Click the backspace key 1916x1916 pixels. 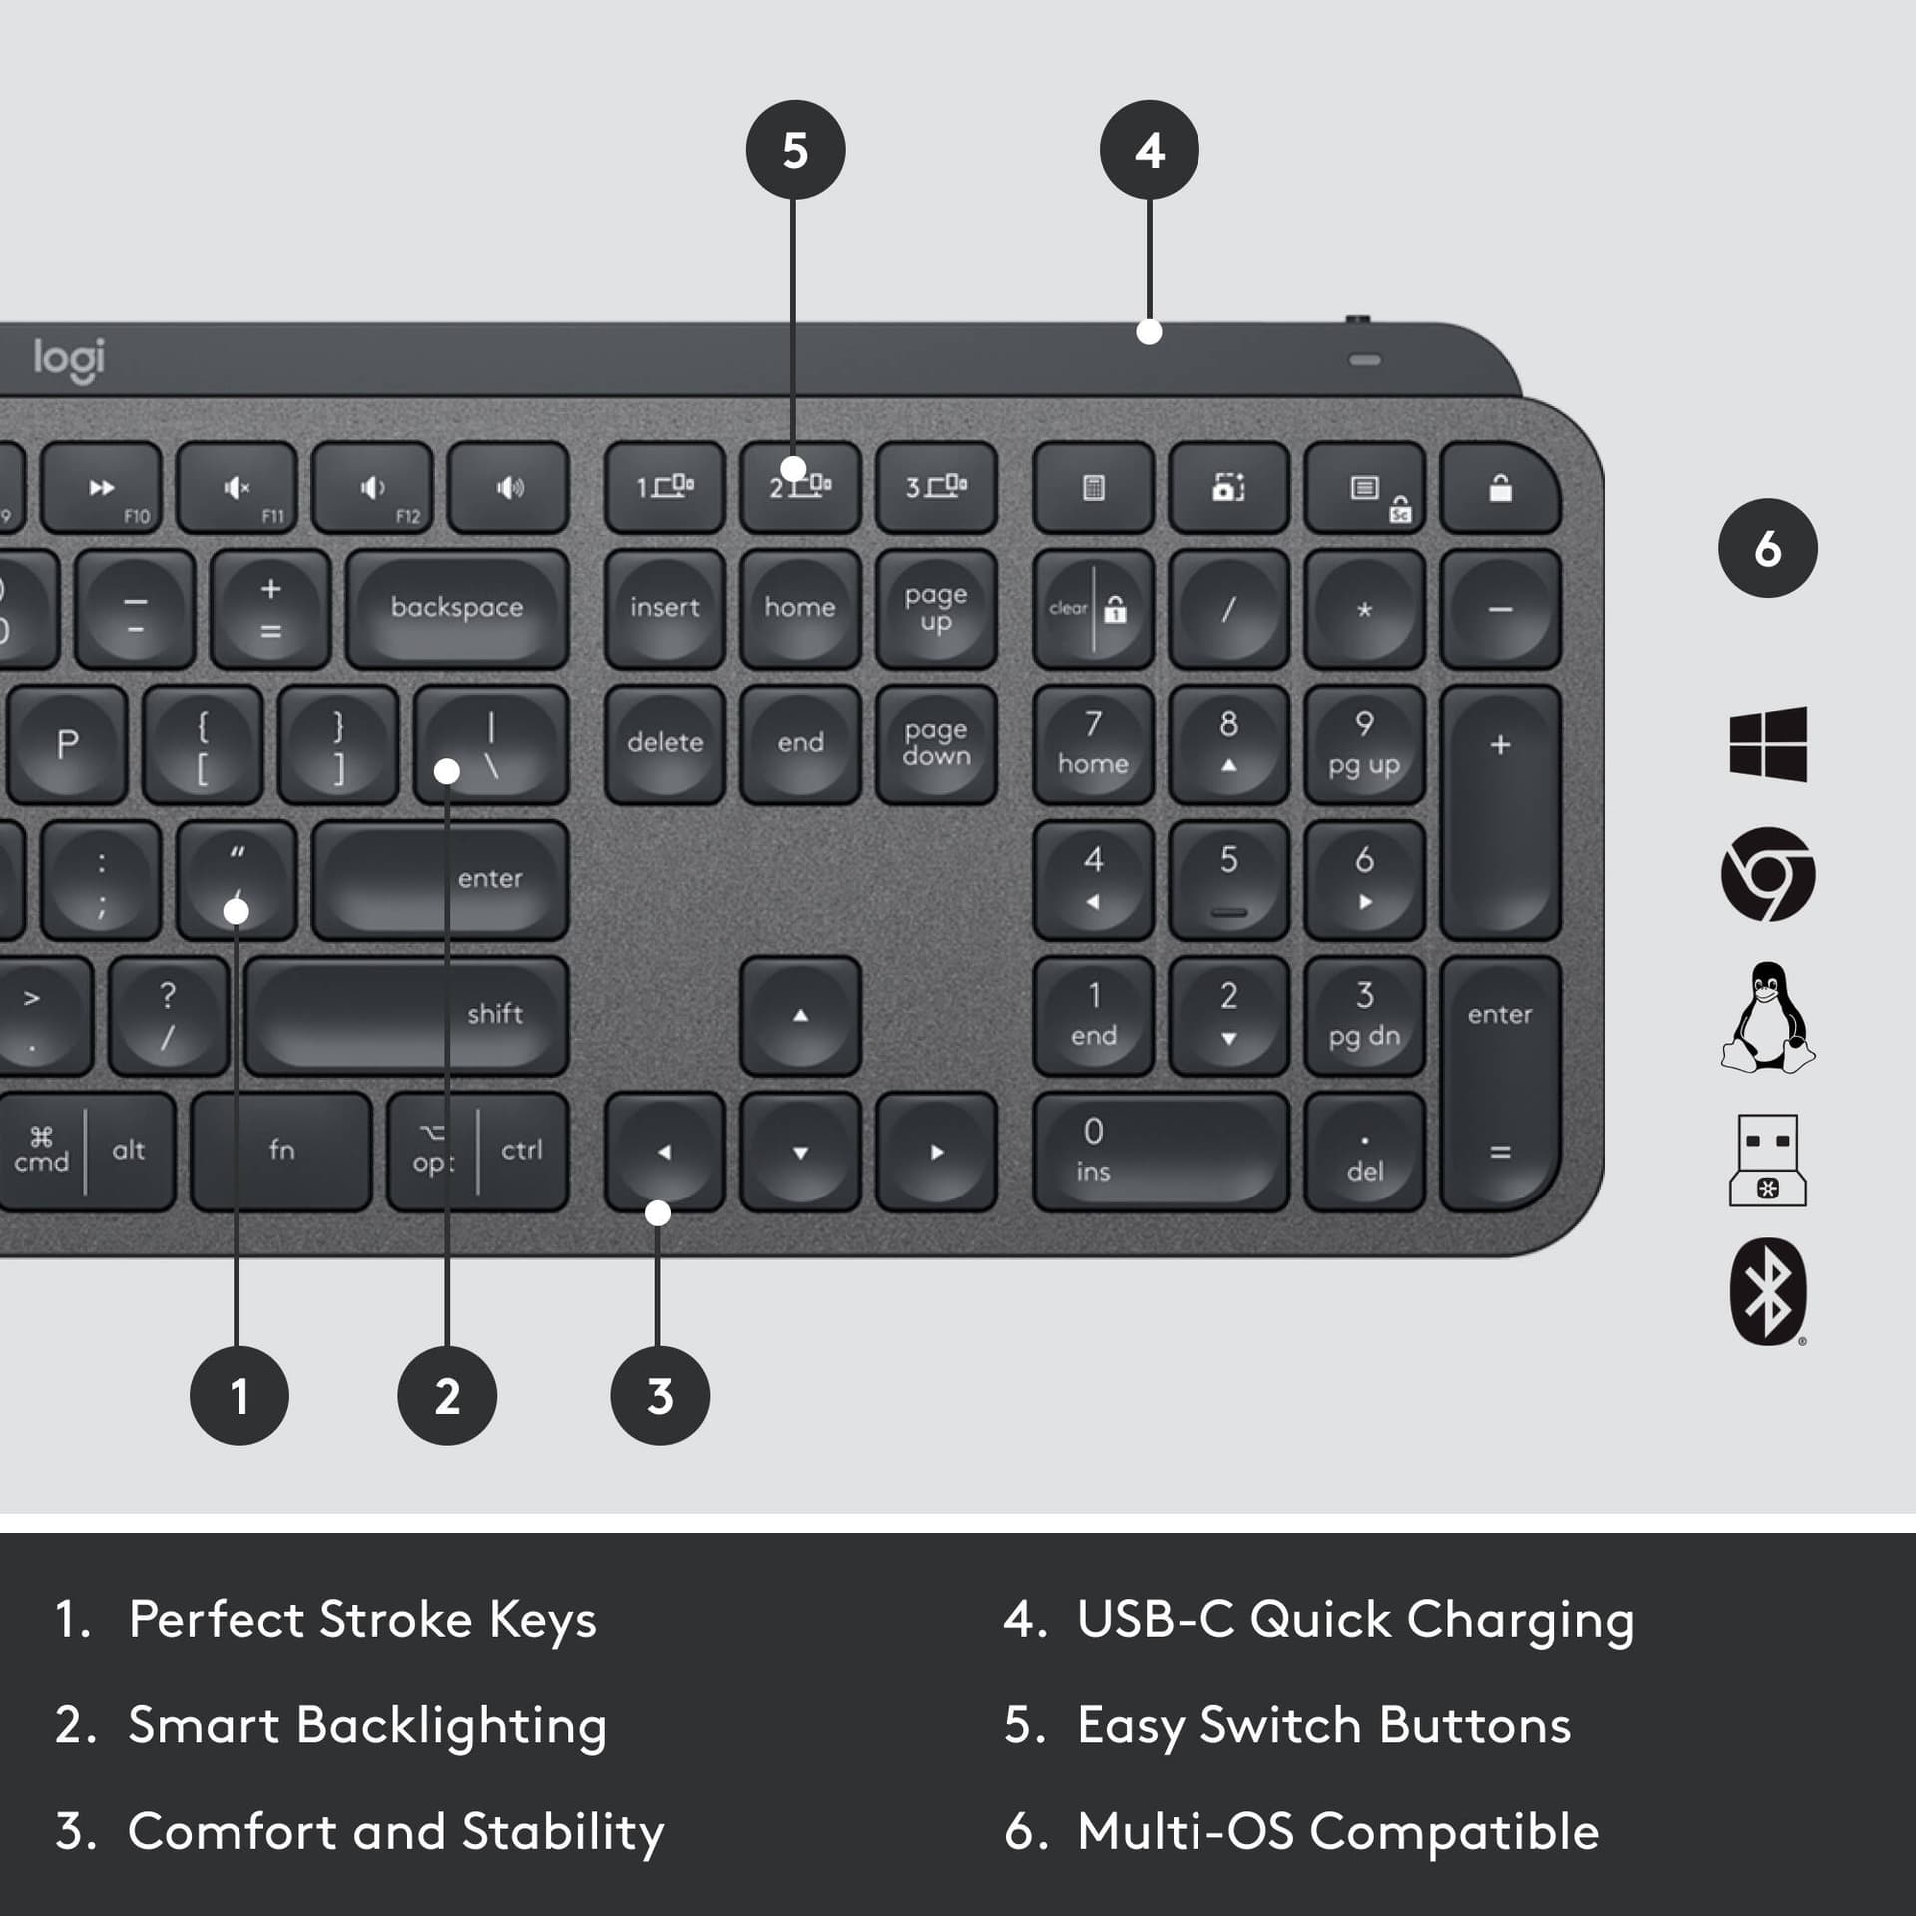tap(457, 608)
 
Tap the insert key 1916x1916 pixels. tap(665, 608)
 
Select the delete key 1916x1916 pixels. tap(665, 743)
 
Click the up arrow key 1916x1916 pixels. tap(800, 1015)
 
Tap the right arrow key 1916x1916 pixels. tap(936, 1152)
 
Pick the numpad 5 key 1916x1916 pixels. tap(1228, 879)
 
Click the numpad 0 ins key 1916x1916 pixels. tap(1160, 1152)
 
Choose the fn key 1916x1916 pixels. tap(281, 1151)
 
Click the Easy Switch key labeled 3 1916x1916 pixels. tap(936, 487)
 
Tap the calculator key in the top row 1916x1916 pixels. tap(1093, 488)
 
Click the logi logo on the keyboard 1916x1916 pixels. tap(69, 359)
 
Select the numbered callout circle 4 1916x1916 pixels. tap(1150, 150)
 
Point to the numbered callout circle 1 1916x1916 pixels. tap(239, 1395)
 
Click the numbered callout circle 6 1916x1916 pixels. tap(1767, 548)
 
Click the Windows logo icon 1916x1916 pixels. tap(1767, 743)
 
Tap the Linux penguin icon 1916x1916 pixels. tap(1767, 1018)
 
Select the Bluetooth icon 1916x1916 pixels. tap(1767, 1292)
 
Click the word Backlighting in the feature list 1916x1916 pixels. tap(452, 1725)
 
